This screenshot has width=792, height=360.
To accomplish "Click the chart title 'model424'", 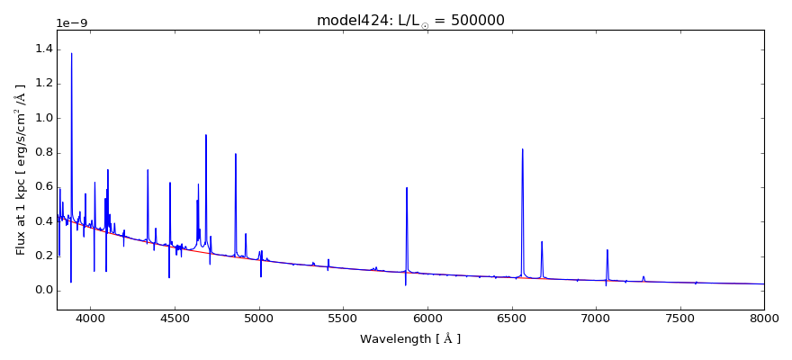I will [x=346, y=20].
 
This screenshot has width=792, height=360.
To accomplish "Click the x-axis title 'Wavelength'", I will [x=410, y=339].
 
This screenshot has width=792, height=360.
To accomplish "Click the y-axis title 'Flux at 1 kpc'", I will [x=21, y=169].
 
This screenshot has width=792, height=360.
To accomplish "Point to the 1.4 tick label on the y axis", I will [x=42, y=49].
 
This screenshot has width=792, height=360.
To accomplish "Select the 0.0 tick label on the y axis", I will [x=42, y=290].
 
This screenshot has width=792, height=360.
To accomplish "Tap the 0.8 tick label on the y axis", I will [x=42, y=152].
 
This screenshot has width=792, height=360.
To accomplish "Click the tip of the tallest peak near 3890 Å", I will [x=72, y=53].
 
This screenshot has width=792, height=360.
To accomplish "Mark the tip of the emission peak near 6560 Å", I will [x=522, y=149].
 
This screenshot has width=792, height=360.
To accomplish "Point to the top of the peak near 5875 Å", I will [x=407, y=188].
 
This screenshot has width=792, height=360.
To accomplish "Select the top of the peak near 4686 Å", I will [x=206, y=135].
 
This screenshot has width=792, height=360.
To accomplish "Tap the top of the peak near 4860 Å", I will [x=236, y=154].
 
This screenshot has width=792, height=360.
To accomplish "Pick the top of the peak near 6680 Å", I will [x=542, y=241].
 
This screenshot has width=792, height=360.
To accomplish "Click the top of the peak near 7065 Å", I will [x=607, y=250].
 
